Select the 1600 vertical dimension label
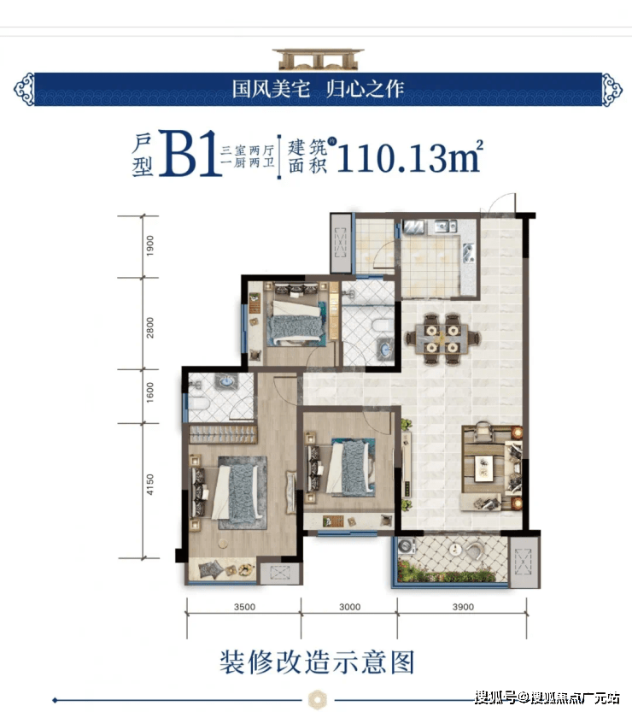149,396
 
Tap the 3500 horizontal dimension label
243,608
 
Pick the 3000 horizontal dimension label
349,608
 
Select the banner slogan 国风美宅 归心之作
316,87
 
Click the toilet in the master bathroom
197,403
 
